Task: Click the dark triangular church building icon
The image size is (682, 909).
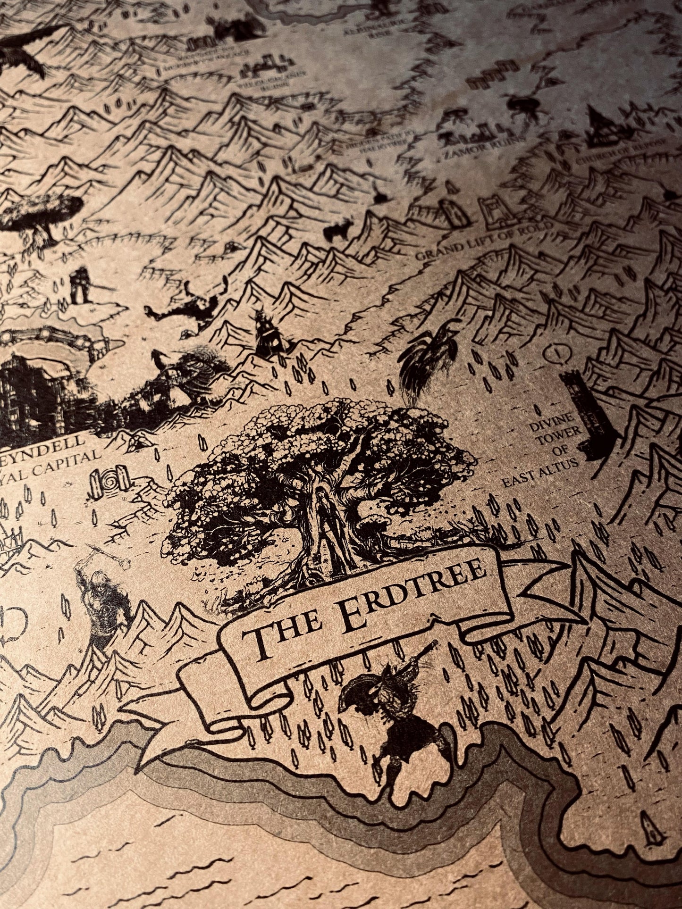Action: (602, 125)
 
